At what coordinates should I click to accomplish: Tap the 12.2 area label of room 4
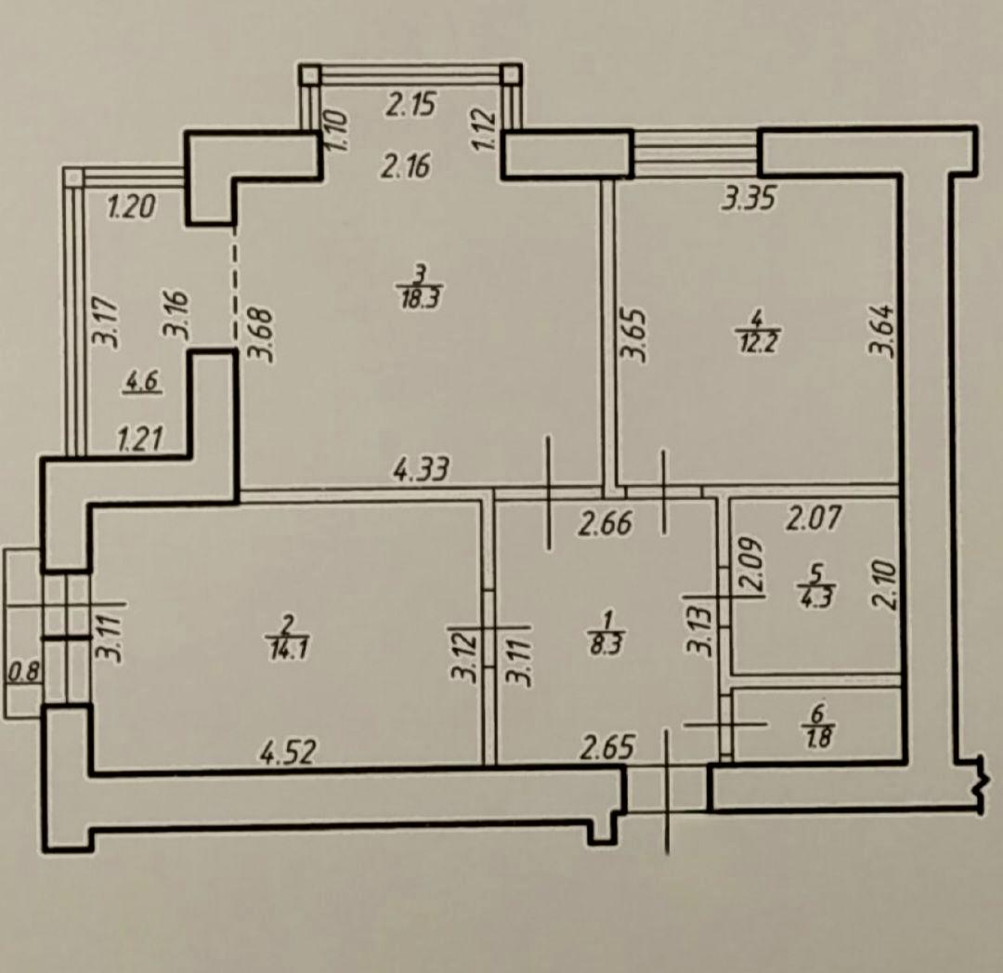[x=758, y=343]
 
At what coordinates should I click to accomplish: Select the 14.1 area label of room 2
[x=288, y=649]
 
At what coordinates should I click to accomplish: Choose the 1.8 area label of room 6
[x=820, y=738]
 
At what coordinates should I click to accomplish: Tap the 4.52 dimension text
[x=288, y=752]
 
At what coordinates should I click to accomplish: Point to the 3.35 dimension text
[x=749, y=198]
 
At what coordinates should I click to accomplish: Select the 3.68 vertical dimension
[x=261, y=335]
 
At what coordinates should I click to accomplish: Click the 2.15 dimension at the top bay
[x=410, y=104]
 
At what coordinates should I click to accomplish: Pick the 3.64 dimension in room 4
[x=880, y=329]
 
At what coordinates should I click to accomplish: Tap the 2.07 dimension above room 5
[x=814, y=518]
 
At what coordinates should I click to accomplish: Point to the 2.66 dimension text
[x=606, y=523]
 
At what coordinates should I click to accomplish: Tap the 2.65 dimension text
[x=607, y=746]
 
